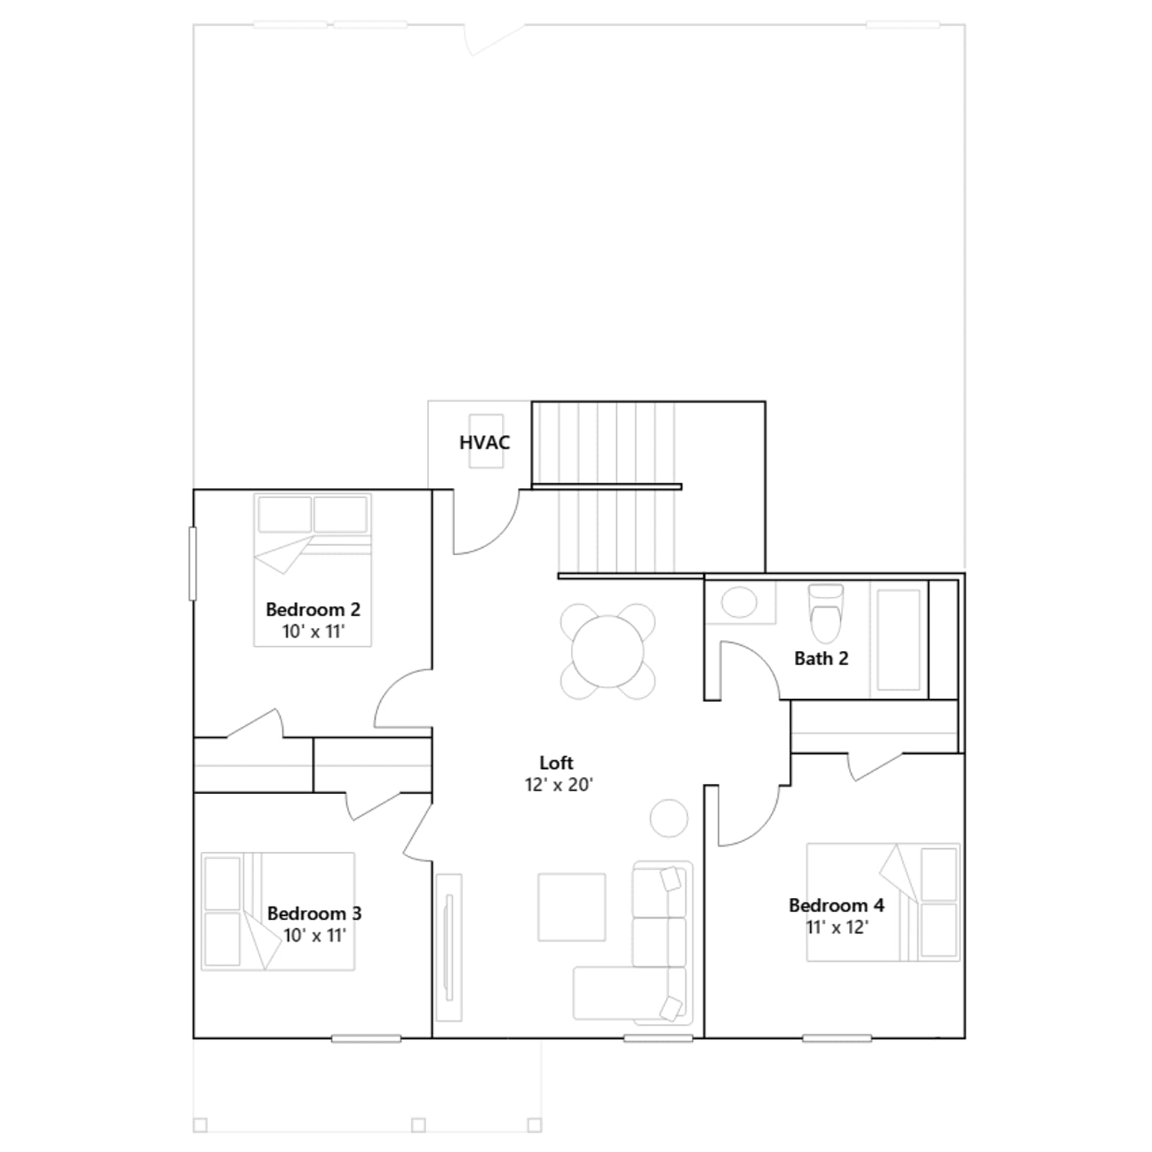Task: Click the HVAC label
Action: click(485, 442)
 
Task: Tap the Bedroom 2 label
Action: click(313, 609)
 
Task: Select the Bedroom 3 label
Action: click(315, 913)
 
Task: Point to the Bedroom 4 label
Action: click(837, 905)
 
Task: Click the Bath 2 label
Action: click(822, 658)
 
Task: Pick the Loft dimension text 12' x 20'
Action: click(559, 785)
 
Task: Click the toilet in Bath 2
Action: click(826, 613)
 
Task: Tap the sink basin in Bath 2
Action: click(739, 602)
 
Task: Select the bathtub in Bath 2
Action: click(899, 639)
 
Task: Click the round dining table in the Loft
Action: click(608, 652)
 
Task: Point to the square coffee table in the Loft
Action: click(572, 907)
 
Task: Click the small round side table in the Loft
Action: click(669, 818)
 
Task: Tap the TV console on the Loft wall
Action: click(449, 947)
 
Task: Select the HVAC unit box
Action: click(486, 441)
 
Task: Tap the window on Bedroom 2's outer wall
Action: click(192, 564)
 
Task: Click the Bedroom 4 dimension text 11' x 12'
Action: click(837, 927)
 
